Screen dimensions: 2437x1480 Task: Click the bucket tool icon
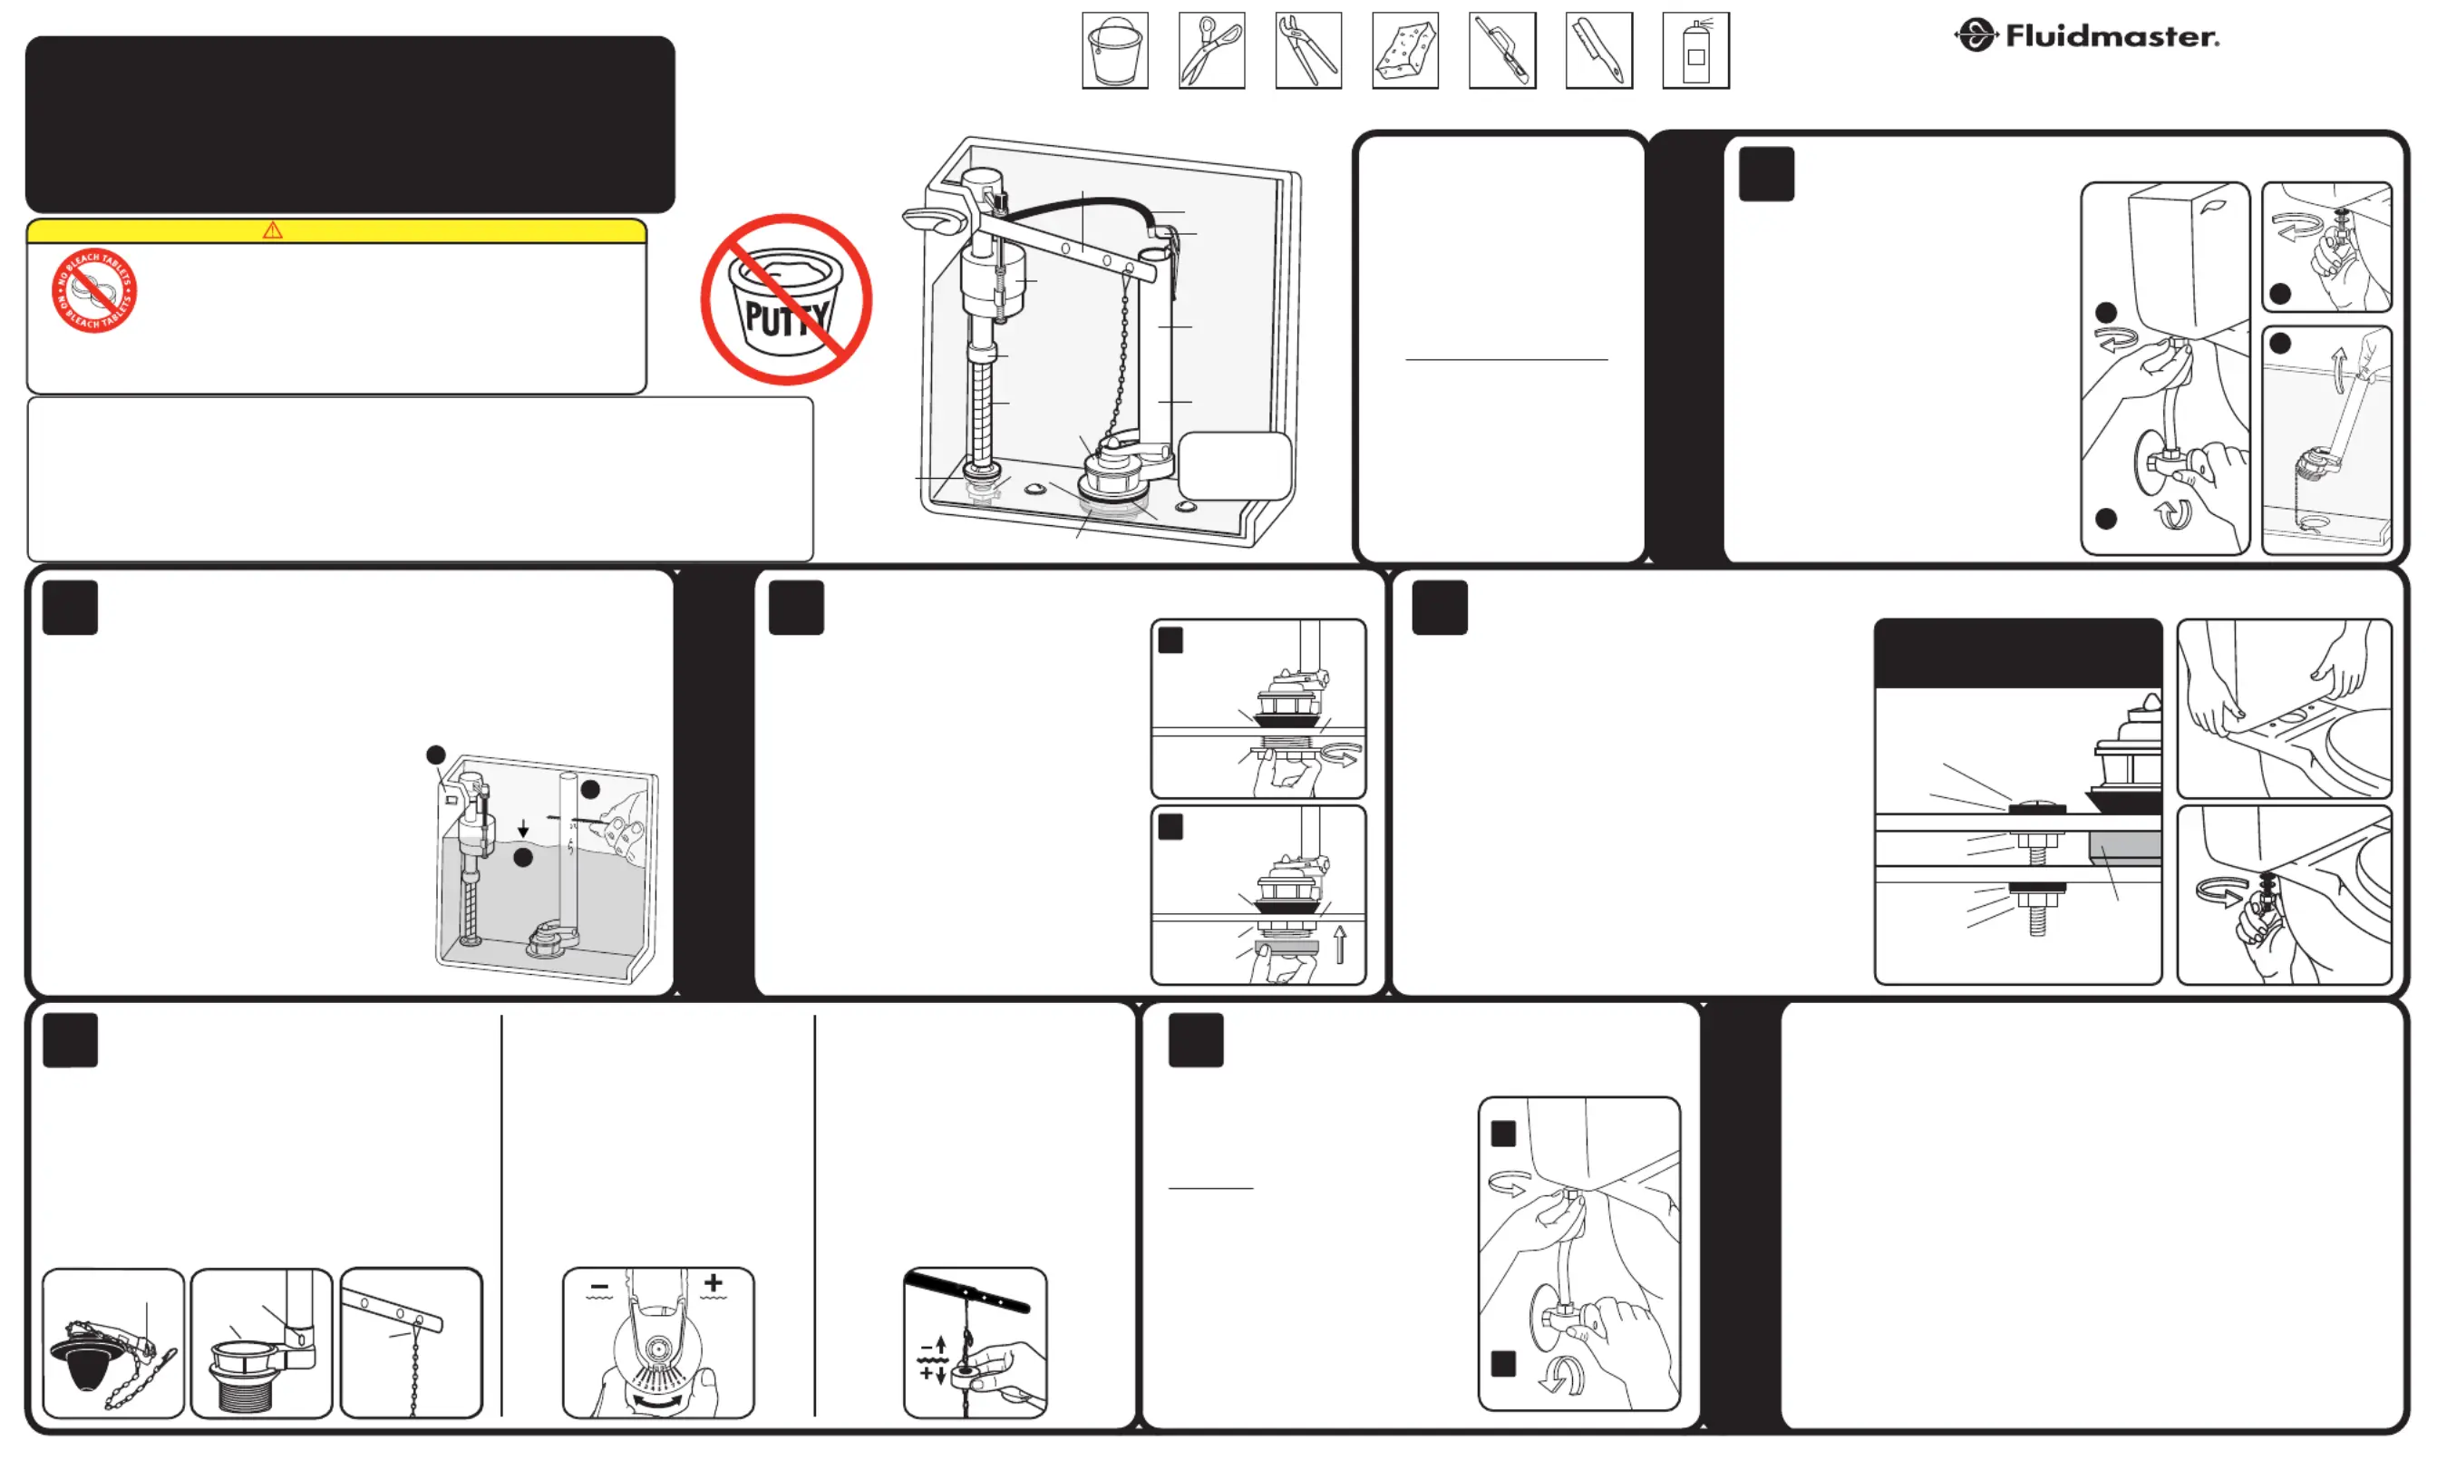point(1114,51)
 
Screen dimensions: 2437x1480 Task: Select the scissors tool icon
point(1211,51)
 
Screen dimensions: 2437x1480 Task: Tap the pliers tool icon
point(1308,51)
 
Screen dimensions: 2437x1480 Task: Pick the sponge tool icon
point(1405,51)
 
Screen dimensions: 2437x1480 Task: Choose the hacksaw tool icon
point(1502,51)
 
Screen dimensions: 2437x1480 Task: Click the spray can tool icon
point(1696,51)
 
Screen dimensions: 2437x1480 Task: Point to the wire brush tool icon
point(1599,51)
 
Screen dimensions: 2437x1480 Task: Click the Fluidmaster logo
point(2087,35)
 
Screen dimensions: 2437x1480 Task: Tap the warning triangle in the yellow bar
point(273,230)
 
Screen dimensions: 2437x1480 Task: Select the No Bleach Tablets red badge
point(94,291)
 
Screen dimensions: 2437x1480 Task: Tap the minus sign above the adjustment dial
point(599,1287)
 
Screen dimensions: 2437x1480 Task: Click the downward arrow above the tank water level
point(523,827)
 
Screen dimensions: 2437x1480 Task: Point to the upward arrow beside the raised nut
point(1340,944)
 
